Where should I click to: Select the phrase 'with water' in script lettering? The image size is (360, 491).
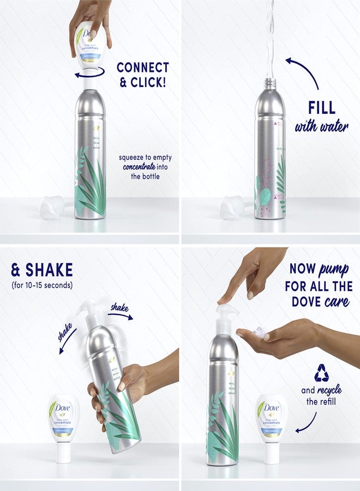[x=322, y=127]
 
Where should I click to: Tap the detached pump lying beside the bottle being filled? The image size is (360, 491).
[x=231, y=208]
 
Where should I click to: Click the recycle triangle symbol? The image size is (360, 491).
[x=321, y=373]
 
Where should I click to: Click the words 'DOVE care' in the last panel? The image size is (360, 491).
[x=320, y=301]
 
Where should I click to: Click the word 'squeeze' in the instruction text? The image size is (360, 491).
[x=133, y=157]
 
